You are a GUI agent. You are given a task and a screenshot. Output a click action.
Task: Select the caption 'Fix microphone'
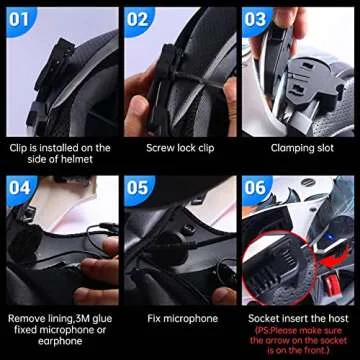click(x=180, y=319)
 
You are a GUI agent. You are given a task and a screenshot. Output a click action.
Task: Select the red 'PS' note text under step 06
click(x=298, y=341)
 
